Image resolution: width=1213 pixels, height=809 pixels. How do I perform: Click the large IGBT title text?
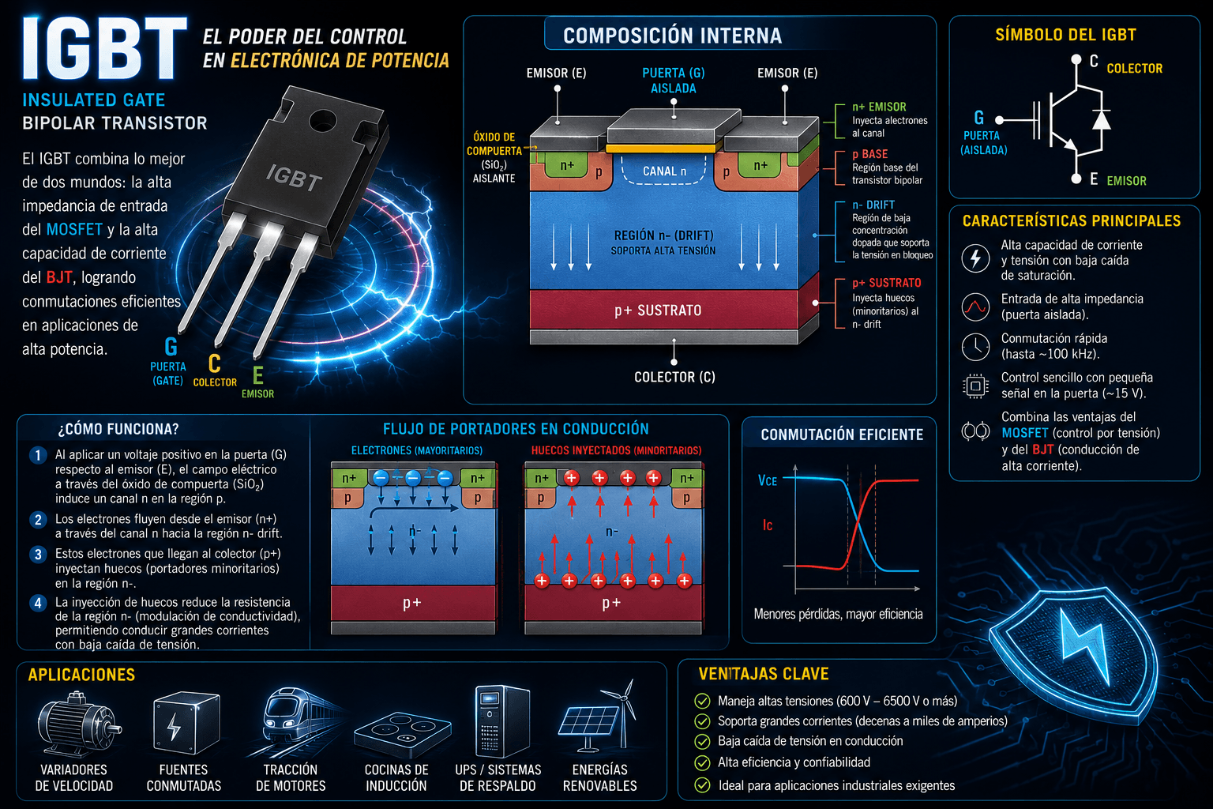click(104, 49)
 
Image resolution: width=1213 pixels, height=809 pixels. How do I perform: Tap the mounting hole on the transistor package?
click(323, 120)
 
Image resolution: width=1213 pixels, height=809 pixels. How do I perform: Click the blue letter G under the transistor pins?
click(171, 347)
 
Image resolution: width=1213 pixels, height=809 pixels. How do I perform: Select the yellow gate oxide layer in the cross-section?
click(661, 148)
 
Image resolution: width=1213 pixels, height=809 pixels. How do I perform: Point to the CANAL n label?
click(664, 171)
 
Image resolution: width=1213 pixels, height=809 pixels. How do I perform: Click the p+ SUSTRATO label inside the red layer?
click(658, 310)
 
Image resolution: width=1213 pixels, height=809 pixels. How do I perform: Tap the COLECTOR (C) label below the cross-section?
click(674, 377)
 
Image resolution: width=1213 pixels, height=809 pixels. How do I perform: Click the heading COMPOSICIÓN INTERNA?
click(673, 36)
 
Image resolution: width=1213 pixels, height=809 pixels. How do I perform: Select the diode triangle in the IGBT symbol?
click(1102, 120)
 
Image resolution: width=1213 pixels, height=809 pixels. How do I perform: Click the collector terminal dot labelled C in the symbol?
click(1076, 59)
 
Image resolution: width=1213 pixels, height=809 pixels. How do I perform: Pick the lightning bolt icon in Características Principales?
click(975, 258)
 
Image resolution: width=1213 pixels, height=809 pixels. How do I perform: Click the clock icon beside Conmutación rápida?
click(975, 346)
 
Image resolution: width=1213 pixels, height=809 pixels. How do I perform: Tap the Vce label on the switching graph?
click(768, 480)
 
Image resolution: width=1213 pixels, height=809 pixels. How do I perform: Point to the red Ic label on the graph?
click(768, 525)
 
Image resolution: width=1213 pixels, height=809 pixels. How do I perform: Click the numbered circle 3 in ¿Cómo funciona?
click(38, 555)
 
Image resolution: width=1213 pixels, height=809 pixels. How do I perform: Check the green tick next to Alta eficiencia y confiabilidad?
click(702, 763)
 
